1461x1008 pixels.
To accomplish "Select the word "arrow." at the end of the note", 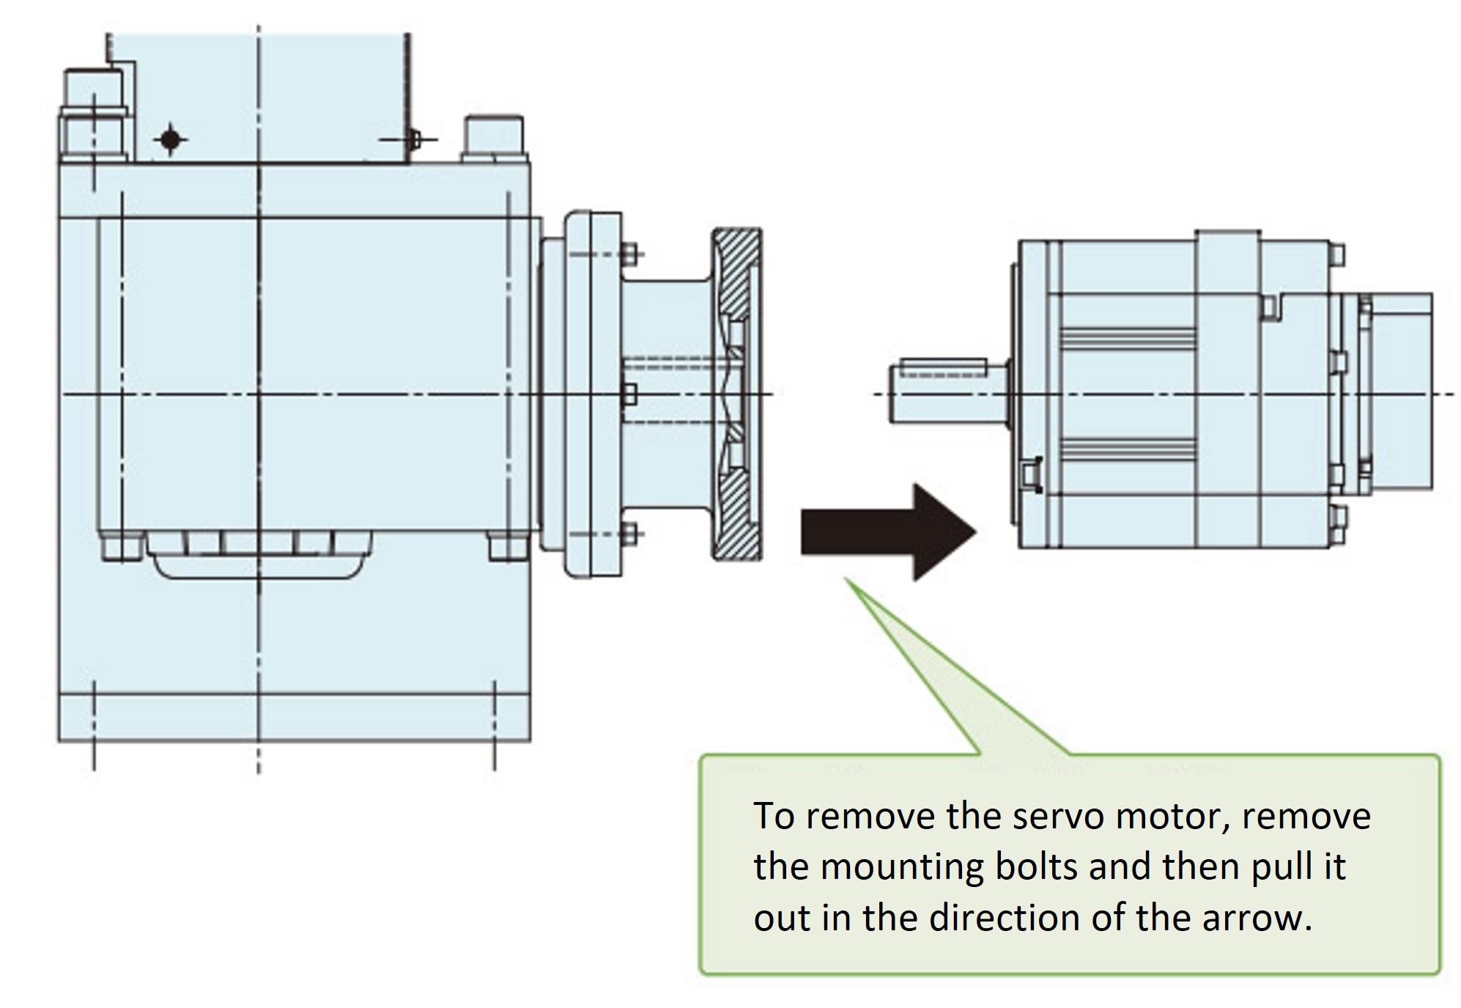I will coord(1256,918).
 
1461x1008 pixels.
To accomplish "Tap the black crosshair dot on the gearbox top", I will coord(171,139).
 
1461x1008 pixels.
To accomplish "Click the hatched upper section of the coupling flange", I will coord(736,271).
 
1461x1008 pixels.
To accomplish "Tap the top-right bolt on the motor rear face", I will coord(1336,254).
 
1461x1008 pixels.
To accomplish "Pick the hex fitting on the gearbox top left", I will coord(93,117).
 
